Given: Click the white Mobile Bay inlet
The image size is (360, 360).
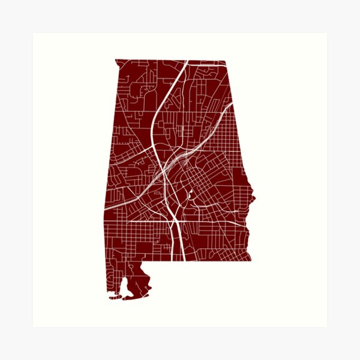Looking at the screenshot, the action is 124,286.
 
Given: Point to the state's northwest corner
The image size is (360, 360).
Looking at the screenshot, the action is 115,59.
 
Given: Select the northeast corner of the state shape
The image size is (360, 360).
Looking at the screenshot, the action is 226,60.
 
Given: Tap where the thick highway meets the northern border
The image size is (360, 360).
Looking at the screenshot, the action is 186,60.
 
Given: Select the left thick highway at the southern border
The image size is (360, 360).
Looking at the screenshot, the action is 173,260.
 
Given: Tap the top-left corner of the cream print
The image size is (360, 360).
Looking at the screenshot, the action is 33,33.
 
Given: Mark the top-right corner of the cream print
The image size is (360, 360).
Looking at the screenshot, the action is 327,33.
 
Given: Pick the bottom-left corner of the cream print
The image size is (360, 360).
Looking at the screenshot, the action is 33,327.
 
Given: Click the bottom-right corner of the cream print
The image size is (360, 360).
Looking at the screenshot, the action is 327,327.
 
